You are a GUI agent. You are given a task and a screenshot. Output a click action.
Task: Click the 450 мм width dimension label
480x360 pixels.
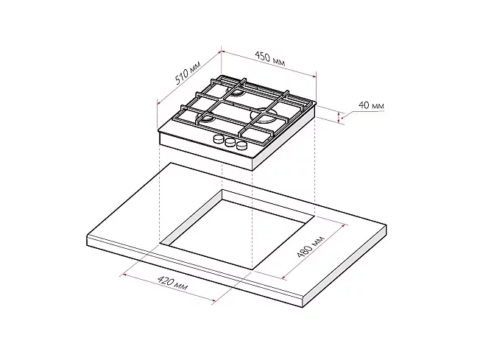pyautogui.click(x=270, y=59)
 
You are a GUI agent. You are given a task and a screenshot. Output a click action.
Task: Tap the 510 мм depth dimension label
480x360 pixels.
pyautogui.click(x=187, y=73)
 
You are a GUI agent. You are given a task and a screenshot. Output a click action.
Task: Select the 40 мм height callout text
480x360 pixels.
pyautogui.click(x=371, y=105)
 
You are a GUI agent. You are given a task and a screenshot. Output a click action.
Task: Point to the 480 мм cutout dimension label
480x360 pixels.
pyautogui.click(x=311, y=247)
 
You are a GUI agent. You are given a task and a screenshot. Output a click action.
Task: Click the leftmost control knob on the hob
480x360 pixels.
pyautogui.click(x=219, y=139)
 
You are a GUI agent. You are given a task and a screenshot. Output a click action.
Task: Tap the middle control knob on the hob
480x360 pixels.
pyautogui.click(x=230, y=142)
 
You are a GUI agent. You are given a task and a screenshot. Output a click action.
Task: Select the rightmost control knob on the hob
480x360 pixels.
pyautogui.click(x=241, y=145)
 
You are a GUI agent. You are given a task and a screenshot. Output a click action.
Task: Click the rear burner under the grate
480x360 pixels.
pyautogui.click(x=235, y=93)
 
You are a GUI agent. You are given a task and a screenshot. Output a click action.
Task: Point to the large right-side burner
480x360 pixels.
pyautogui.click(x=263, y=116)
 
